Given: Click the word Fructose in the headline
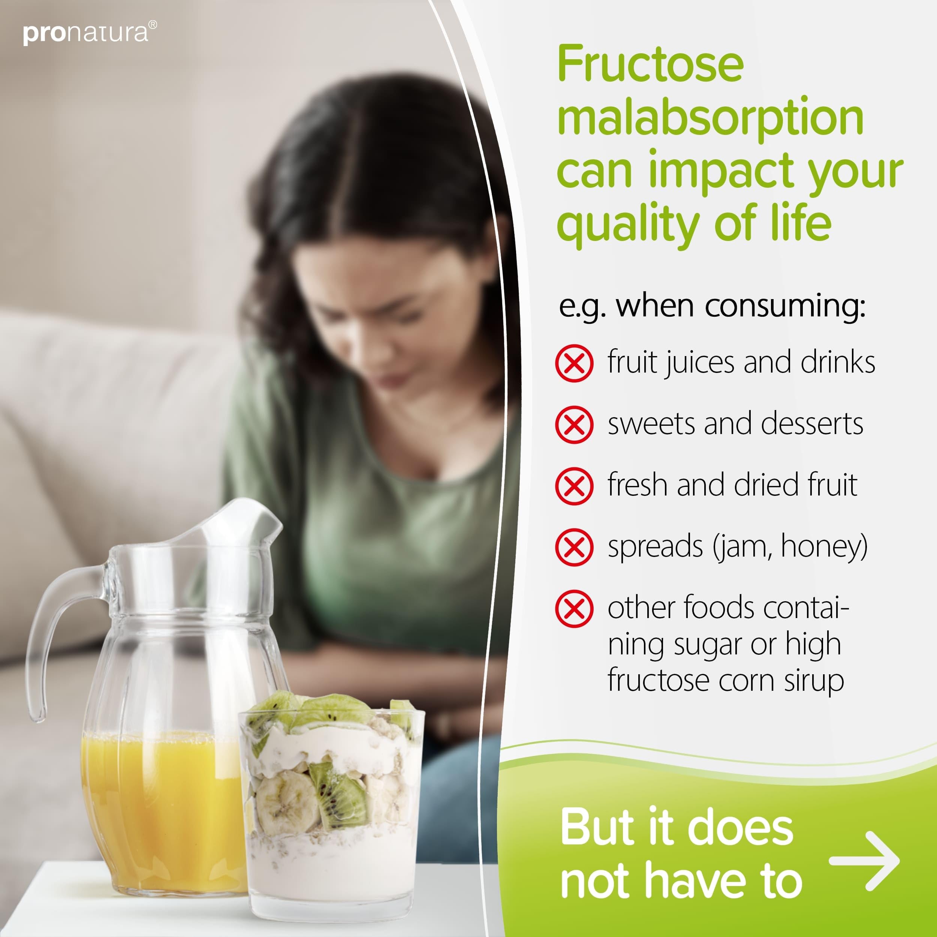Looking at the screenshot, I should [x=650, y=64].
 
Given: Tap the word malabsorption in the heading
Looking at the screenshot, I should [x=710, y=117].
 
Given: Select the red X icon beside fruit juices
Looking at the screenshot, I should [x=574, y=363].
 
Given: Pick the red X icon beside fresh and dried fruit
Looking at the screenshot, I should [x=574, y=486].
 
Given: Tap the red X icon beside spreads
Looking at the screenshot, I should [x=574, y=548].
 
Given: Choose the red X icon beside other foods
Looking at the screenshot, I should [x=574, y=609].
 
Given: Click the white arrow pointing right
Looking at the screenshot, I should [x=864, y=861].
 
